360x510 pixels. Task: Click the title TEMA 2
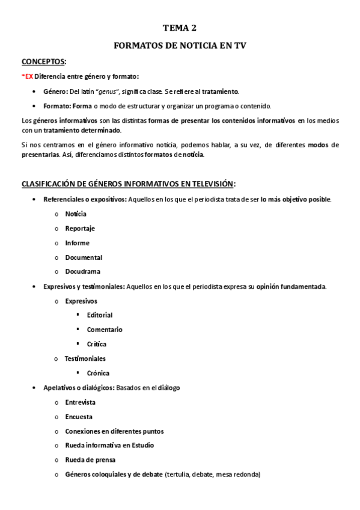(180, 28)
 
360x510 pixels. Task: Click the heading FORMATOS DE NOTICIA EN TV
(180, 45)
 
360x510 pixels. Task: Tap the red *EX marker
(27, 76)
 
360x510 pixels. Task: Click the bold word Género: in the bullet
(56, 91)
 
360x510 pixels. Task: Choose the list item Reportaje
(80, 229)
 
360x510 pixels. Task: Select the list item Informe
(77, 243)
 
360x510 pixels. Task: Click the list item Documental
(84, 257)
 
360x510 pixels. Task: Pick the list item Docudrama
(83, 272)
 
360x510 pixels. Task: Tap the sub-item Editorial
(99, 315)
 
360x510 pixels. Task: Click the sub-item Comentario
(105, 330)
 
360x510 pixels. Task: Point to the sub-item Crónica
(98, 373)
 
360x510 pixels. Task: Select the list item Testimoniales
(85, 358)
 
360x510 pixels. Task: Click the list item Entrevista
(80, 402)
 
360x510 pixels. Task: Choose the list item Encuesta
(79, 417)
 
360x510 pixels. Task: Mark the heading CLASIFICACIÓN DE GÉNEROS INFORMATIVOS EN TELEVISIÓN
(128, 183)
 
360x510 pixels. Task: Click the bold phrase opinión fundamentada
(291, 286)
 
